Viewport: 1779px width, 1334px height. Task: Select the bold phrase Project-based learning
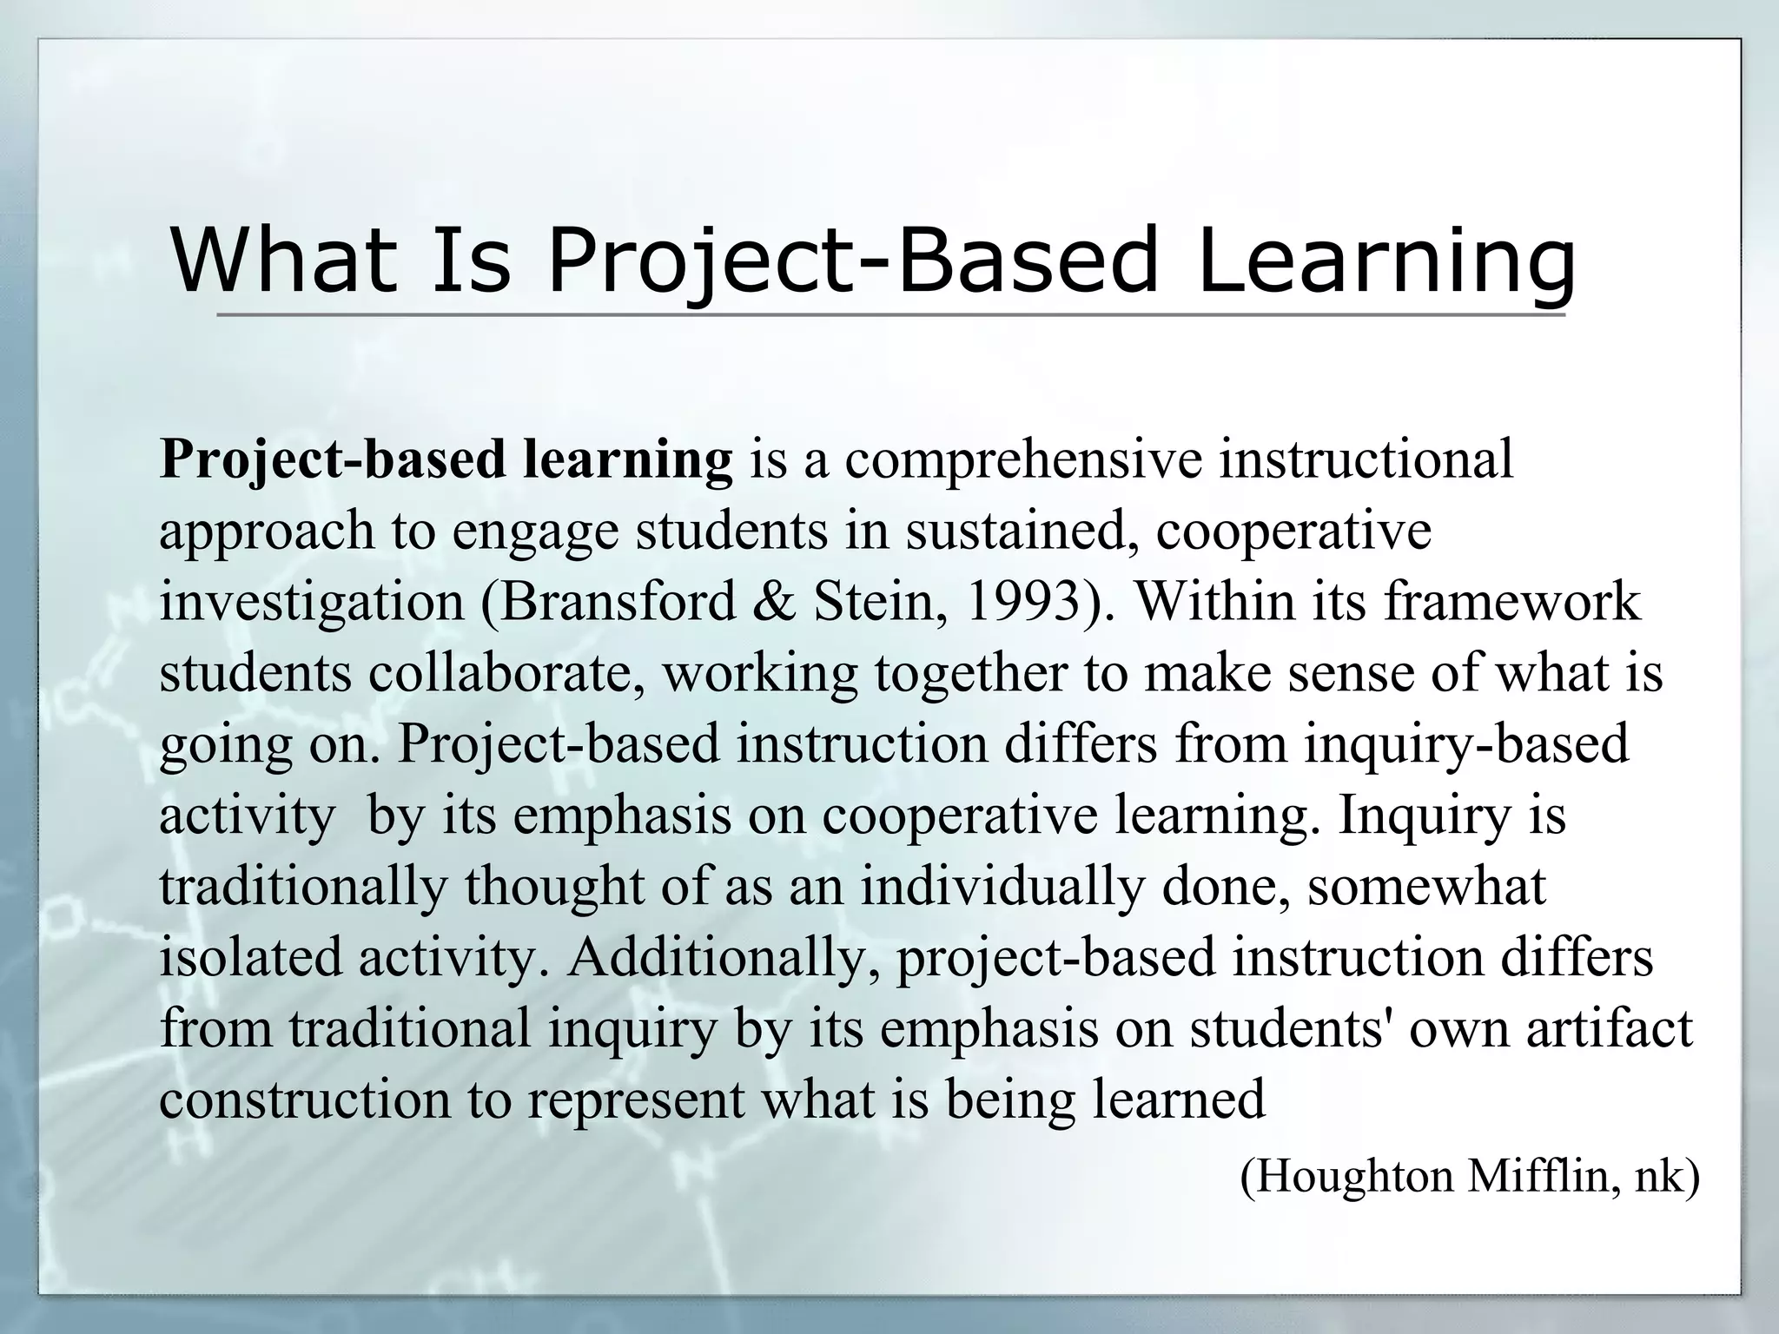[446, 459]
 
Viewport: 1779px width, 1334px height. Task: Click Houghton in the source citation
[1347, 1176]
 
